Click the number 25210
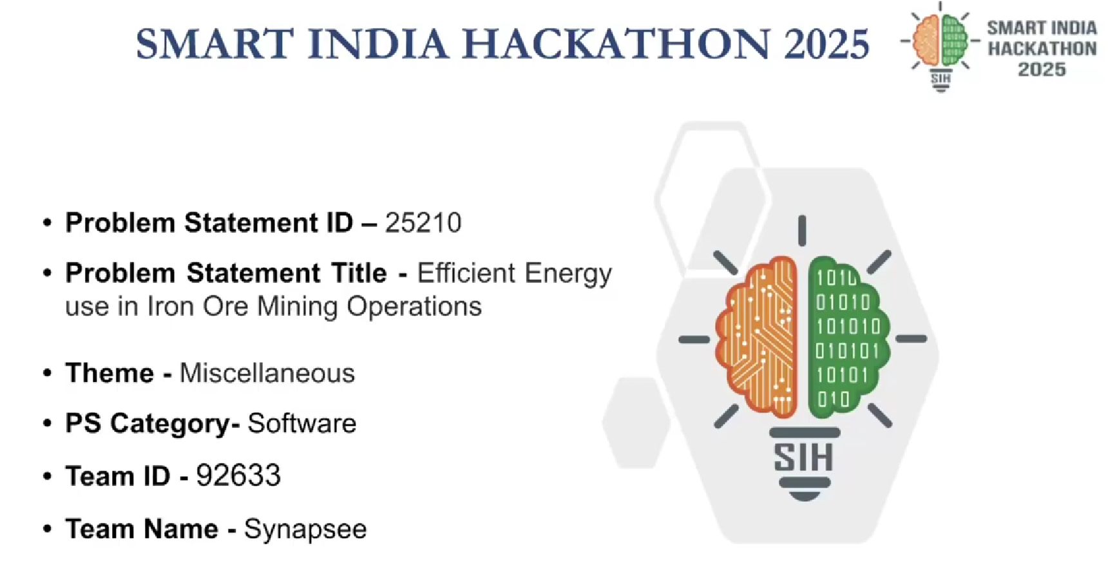pos(423,223)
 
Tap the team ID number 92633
pos(238,476)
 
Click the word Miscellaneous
pos(267,374)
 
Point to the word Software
pos(302,423)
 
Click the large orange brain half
pos(758,335)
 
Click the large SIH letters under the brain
pos(804,457)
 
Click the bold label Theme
pos(110,374)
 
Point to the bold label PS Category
pos(148,424)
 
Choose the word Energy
pos(568,274)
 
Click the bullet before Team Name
pos(47,530)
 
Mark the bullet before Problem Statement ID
pos(47,223)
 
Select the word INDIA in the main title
pos(377,44)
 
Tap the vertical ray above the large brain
pos(802,230)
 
